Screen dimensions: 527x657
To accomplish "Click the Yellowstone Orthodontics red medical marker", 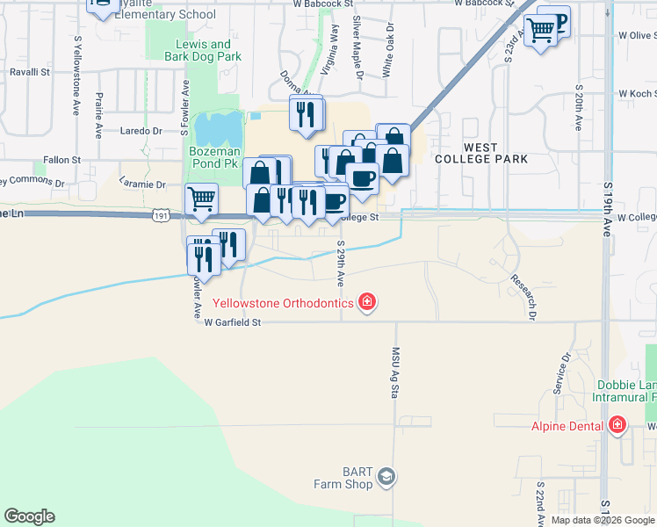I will (367, 303).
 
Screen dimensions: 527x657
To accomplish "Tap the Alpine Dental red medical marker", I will (617, 426).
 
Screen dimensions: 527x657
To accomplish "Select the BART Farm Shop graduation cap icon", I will (386, 477).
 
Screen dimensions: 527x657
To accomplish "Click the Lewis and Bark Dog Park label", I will (203, 50).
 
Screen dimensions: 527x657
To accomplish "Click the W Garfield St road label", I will (233, 322).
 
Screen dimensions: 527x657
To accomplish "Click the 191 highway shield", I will (160, 215).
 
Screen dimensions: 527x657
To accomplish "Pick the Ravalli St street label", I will (30, 72).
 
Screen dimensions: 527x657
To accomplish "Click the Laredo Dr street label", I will (141, 131).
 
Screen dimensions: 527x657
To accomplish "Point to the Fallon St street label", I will (61, 161).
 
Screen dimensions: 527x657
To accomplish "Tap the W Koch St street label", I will (637, 93).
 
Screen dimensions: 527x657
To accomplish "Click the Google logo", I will (29, 516).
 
